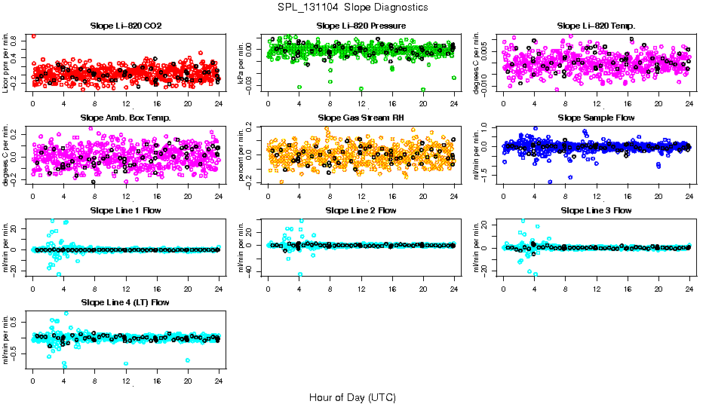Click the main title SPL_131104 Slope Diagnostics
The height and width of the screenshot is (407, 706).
click(x=352, y=7)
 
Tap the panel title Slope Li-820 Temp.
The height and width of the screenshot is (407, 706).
click(x=596, y=26)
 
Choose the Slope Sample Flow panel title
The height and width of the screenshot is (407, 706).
click(x=596, y=118)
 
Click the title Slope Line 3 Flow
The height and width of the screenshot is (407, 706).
click(x=596, y=210)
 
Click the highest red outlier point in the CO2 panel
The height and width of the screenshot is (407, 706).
click(x=33, y=35)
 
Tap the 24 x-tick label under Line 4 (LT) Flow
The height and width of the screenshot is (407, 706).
click(x=219, y=381)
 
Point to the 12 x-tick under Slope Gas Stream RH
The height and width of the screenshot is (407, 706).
click(x=361, y=196)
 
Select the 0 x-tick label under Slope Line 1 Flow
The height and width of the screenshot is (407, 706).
click(x=32, y=289)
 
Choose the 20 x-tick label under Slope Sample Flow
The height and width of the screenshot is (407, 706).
click(x=658, y=196)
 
